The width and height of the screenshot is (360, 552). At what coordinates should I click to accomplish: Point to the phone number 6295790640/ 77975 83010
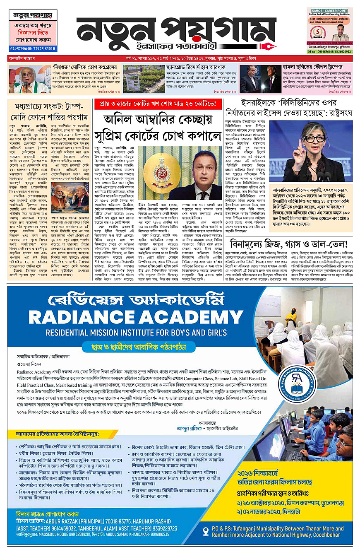click(x=32, y=48)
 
